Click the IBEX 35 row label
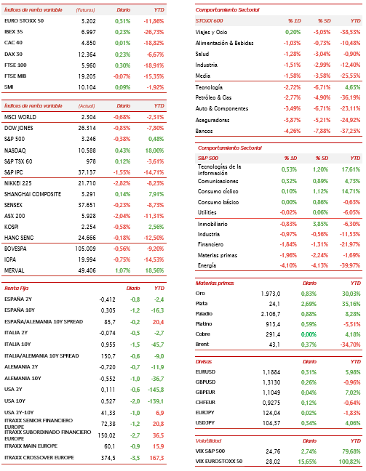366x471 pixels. click(14, 32)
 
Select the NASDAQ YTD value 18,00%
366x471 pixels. click(154, 150)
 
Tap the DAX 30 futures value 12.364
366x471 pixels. click(87, 55)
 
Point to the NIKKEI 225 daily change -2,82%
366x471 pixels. click(122, 183)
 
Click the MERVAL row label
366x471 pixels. click(14, 270)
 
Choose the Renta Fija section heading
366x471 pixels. click(16, 289)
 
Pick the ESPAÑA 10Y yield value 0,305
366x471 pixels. click(108, 310)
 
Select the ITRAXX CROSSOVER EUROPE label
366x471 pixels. click(39, 457)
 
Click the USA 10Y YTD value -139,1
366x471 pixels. click(156, 401)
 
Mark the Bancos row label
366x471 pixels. click(204, 131)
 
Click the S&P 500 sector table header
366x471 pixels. click(208, 158)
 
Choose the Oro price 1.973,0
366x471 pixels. click(271, 294)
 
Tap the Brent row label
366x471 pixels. click(202, 345)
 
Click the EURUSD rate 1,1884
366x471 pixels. click(271, 372)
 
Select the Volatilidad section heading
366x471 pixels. click(208, 441)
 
